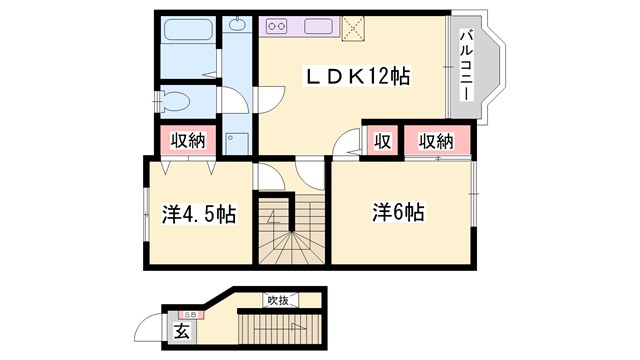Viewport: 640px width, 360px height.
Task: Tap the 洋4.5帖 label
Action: pyautogui.click(x=199, y=213)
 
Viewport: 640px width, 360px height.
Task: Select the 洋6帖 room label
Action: pyautogui.click(x=399, y=212)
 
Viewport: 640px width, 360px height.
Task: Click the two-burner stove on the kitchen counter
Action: pyautogui.click(x=277, y=26)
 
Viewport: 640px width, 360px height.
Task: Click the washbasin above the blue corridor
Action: pyautogui.click(x=238, y=24)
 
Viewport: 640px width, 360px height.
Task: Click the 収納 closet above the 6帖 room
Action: pyautogui.click(x=436, y=140)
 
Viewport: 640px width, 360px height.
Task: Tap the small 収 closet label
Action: pyautogui.click(x=382, y=140)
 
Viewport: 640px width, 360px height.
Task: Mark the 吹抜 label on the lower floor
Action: pyautogui.click(x=278, y=298)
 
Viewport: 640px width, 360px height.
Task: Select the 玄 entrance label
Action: pyautogui.click(x=183, y=331)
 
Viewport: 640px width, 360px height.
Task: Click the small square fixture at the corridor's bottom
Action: pyautogui.click(x=233, y=140)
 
